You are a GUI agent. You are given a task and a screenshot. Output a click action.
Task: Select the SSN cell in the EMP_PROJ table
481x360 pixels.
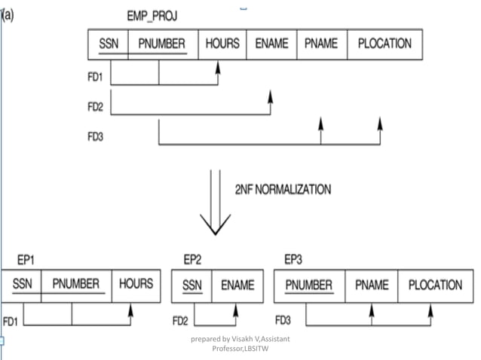click(x=109, y=44)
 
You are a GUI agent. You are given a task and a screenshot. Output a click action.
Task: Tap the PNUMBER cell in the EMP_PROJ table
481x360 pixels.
click(x=162, y=44)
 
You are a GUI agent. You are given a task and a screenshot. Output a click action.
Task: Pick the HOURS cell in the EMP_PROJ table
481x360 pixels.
click(x=222, y=44)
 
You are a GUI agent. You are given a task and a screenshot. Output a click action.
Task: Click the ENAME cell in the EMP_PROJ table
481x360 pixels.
click(x=271, y=44)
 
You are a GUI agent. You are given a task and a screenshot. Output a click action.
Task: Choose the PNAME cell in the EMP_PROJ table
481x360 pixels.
click(x=321, y=44)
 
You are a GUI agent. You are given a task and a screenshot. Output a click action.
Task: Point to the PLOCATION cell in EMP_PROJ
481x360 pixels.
click(x=384, y=44)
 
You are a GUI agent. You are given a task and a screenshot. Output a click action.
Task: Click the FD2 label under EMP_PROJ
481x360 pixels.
click(x=96, y=106)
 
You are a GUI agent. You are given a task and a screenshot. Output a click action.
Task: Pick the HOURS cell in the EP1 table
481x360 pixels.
click(x=136, y=285)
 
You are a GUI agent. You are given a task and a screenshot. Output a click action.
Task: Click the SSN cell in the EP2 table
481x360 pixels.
click(x=193, y=285)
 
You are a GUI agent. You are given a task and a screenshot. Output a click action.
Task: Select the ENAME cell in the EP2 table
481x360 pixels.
click(x=237, y=285)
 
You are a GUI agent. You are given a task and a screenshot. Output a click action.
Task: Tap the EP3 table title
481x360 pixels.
click(x=293, y=260)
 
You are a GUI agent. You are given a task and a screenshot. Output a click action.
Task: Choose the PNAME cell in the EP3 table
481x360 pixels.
click(x=372, y=285)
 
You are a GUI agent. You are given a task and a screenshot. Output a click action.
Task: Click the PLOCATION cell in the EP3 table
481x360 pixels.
click(x=435, y=285)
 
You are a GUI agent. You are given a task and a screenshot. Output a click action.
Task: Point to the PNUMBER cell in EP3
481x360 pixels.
click(x=309, y=285)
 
